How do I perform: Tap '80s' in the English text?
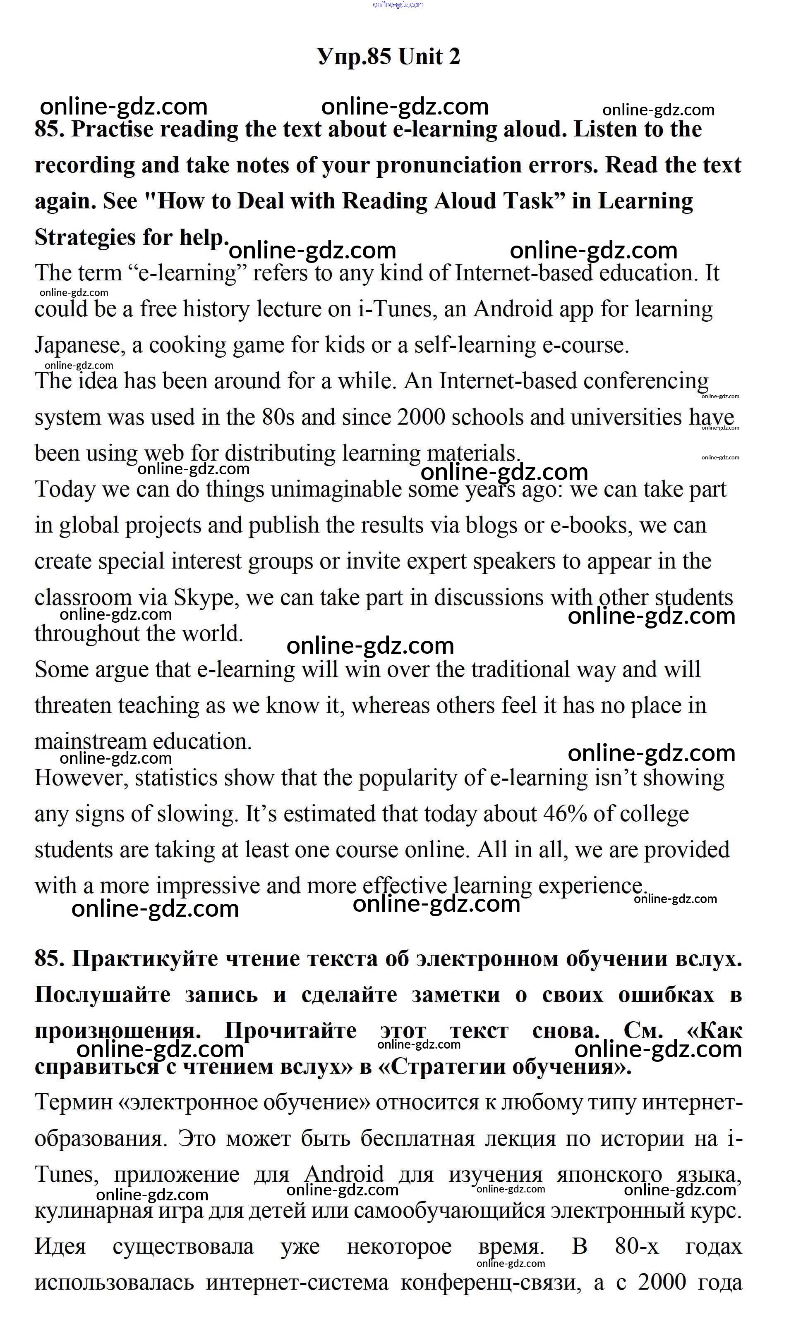pyautogui.click(x=278, y=418)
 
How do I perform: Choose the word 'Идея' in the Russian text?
pyautogui.click(x=60, y=1247)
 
